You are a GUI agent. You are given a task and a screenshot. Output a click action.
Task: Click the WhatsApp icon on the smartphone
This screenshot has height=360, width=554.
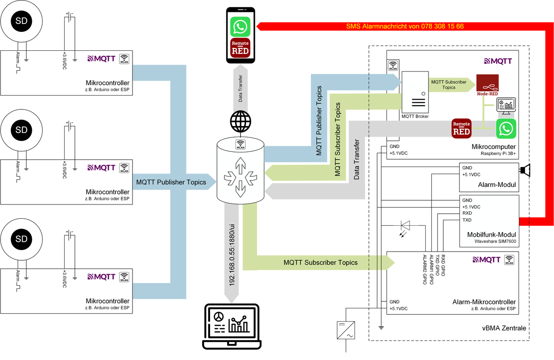click(x=240, y=27)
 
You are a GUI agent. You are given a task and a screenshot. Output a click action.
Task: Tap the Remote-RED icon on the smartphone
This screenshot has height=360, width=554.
click(x=240, y=48)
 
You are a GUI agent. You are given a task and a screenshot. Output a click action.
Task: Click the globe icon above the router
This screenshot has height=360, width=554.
click(x=240, y=121)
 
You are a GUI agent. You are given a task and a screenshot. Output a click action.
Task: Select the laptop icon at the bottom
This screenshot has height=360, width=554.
click(x=232, y=325)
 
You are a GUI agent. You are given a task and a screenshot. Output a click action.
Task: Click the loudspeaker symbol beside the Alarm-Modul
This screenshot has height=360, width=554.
click(x=525, y=171)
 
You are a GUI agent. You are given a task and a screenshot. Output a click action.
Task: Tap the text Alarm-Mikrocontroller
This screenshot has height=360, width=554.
click(x=484, y=302)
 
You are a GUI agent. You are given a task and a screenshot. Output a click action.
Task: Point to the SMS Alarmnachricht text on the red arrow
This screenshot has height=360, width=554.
click(x=405, y=26)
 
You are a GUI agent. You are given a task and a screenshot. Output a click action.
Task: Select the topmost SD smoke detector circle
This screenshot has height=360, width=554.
click(x=22, y=21)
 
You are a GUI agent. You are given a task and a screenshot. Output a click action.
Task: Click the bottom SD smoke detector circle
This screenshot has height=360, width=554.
click(x=22, y=239)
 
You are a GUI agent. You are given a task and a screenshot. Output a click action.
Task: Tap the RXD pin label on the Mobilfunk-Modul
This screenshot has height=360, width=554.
click(x=467, y=214)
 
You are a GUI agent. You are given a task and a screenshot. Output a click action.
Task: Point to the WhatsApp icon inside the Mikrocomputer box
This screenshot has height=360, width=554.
click(x=506, y=129)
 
